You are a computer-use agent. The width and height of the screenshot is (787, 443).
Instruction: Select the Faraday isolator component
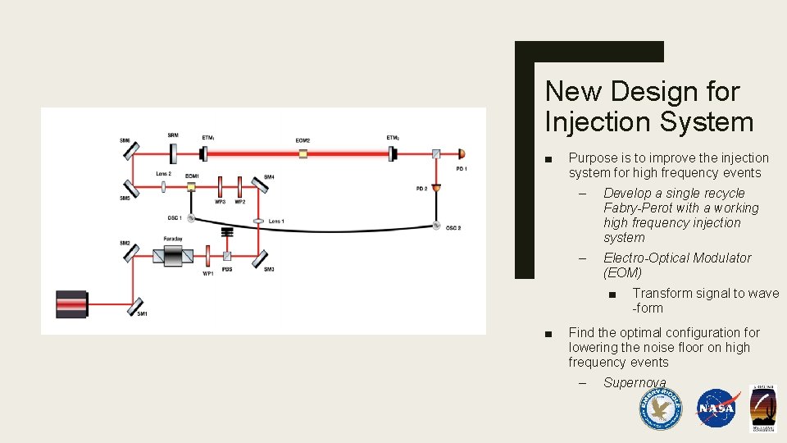pos(173,256)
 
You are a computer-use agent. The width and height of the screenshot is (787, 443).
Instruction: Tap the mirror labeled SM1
pos(135,306)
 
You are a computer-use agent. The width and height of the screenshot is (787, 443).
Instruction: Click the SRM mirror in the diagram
pos(173,153)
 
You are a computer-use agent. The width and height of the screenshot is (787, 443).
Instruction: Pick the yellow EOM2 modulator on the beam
pos(303,153)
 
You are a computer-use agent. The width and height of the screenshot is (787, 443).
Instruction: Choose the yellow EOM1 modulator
pos(191,187)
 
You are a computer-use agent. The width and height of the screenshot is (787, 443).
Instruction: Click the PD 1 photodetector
pos(461,153)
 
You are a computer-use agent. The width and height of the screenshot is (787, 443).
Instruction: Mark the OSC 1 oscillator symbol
pos(191,218)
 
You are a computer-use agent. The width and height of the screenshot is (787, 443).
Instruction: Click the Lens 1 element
pos(258,221)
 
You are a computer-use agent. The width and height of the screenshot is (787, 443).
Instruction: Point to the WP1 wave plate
pos(209,257)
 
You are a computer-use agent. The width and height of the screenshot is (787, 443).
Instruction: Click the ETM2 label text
pos(393,137)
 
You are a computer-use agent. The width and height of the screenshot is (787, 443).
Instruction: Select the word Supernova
pos(635,383)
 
